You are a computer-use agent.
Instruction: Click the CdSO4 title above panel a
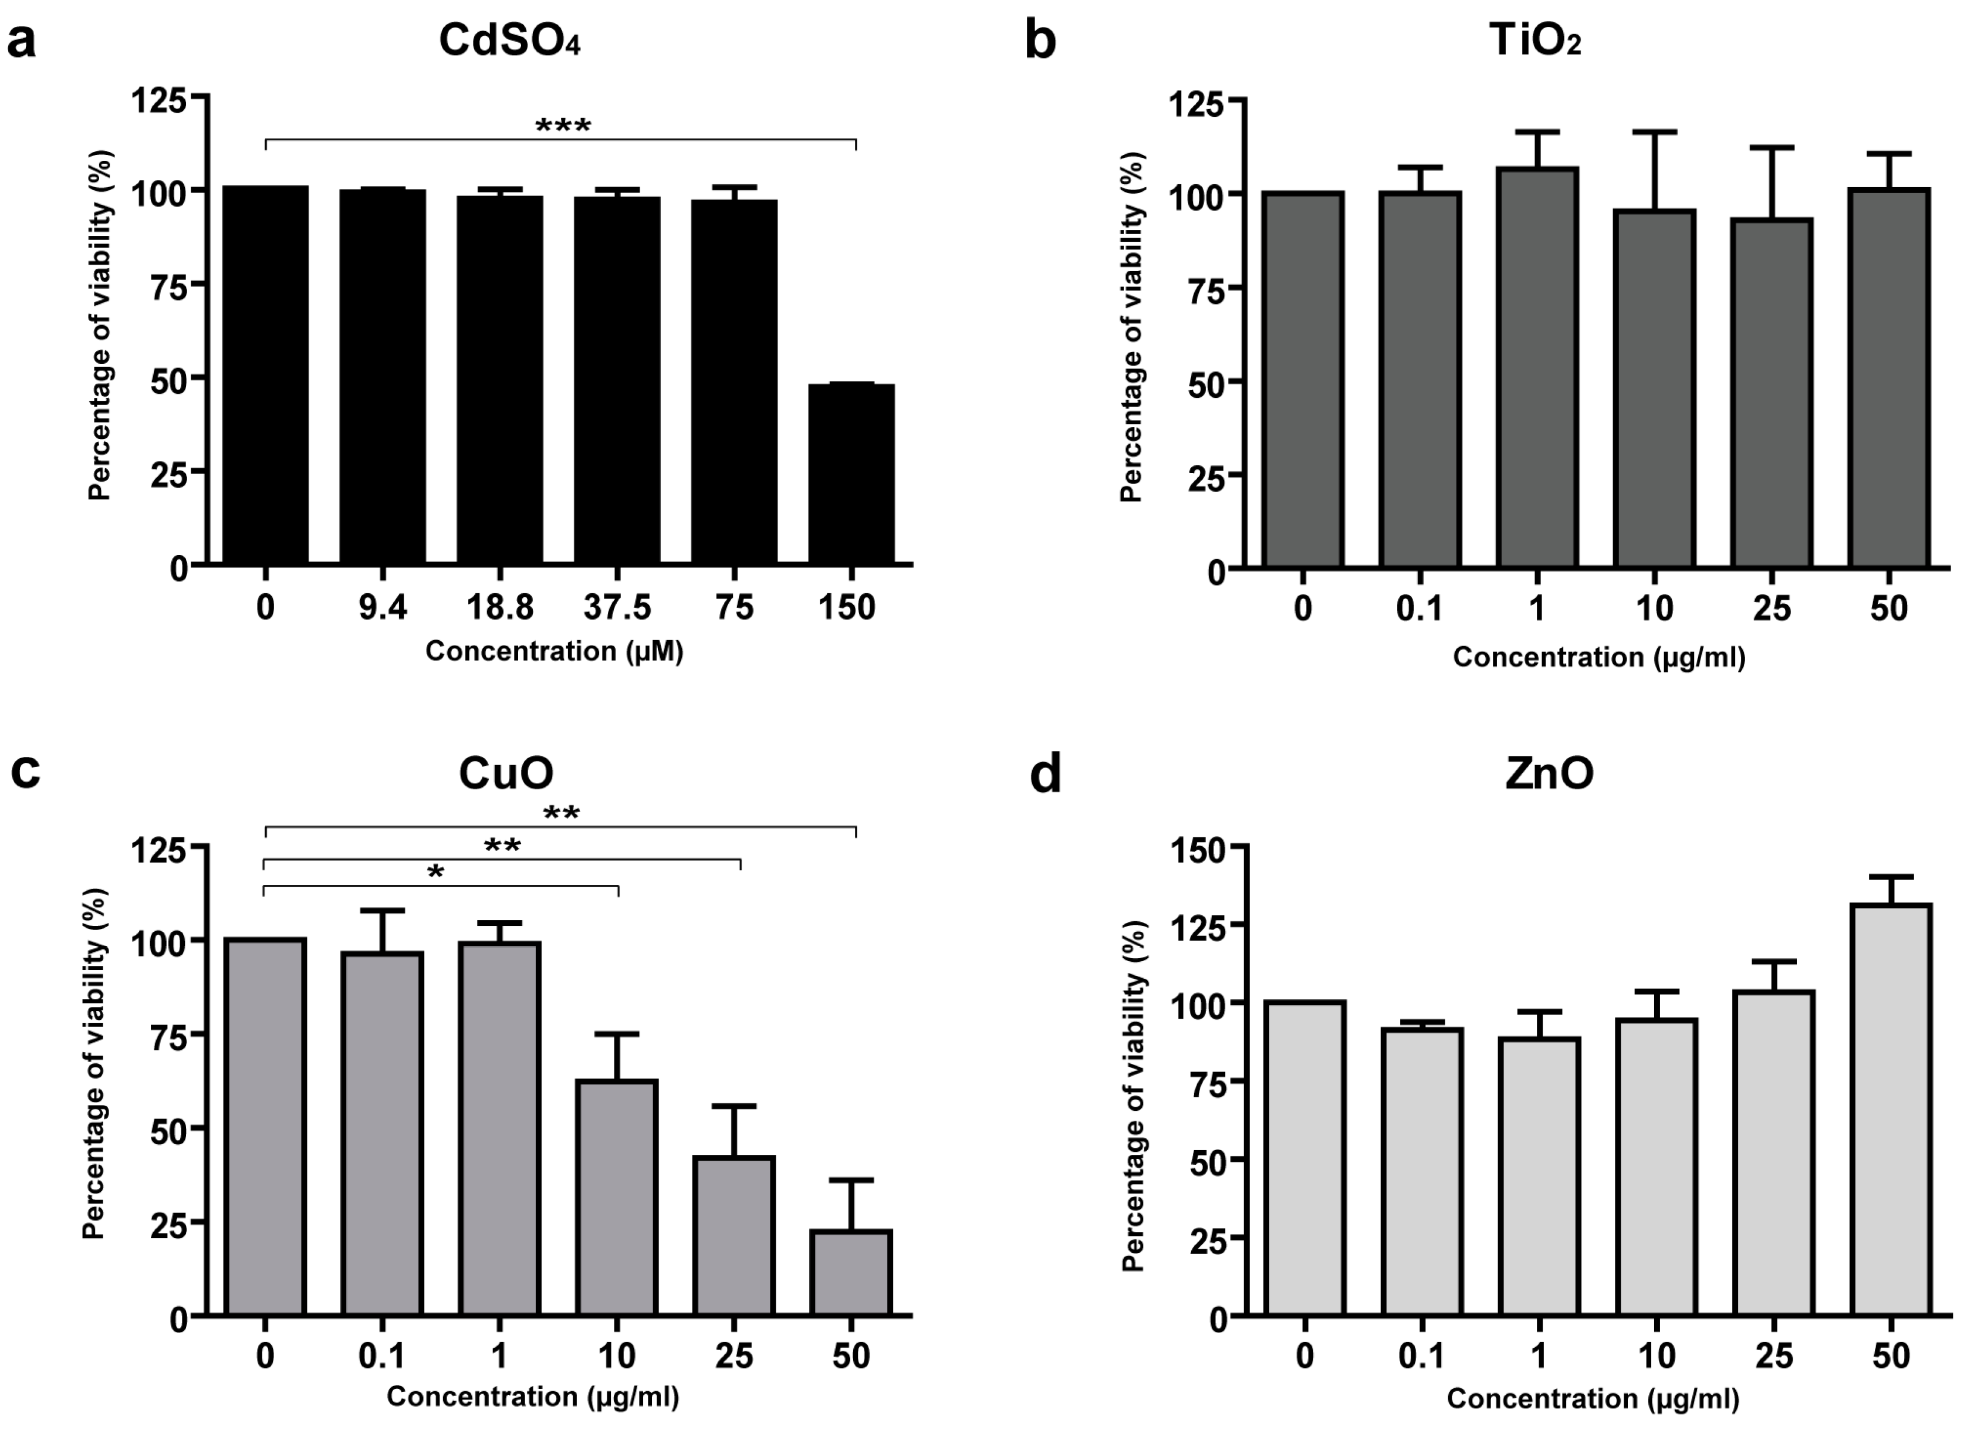pyautogui.click(x=509, y=40)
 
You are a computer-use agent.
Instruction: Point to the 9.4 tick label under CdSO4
pyautogui.click(x=383, y=607)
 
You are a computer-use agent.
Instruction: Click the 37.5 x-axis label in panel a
pyautogui.click(x=617, y=607)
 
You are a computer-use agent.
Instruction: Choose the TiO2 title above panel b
pyautogui.click(x=1534, y=40)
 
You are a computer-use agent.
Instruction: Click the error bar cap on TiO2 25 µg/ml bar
pyautogui.click(x=1771, y=148)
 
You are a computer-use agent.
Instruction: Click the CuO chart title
pyautogui.click(x=506, y=773)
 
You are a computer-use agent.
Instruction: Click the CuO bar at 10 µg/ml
pyautogui.click(x=617, y=1196)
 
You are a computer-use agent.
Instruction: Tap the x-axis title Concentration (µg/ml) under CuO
pyautogui.click(x=533, y=1396)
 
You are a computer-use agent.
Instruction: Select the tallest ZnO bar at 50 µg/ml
pyautogui.click(x=1891, y=1110)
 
